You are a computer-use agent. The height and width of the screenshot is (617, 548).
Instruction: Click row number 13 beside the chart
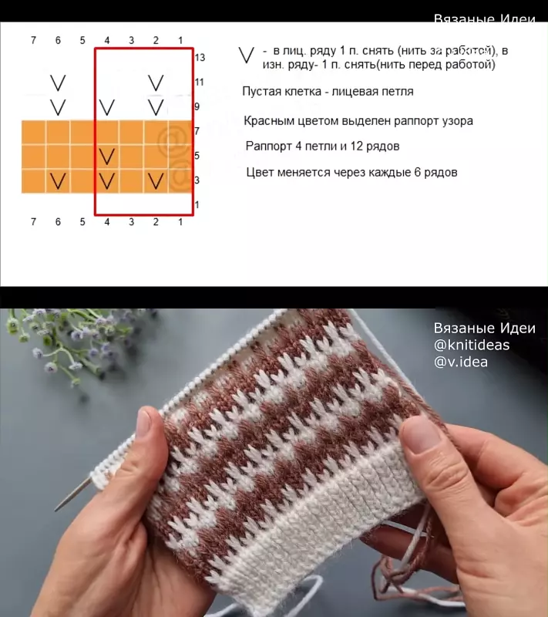200,57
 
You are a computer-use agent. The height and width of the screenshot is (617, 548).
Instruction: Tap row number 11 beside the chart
200,82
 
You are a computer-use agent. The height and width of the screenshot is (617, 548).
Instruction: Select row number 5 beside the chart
197,156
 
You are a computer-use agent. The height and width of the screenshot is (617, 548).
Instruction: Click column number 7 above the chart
33,40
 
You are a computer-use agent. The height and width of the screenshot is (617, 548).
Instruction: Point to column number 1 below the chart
180,222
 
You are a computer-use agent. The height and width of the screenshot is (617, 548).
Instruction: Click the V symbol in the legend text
247,56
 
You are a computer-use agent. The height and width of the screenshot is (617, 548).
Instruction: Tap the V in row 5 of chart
107,157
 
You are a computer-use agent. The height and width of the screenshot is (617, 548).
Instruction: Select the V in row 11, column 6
58,83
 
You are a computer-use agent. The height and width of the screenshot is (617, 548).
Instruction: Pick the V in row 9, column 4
107,107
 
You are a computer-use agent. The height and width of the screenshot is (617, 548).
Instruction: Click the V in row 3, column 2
156,181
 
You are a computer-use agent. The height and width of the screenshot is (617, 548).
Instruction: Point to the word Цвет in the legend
260,172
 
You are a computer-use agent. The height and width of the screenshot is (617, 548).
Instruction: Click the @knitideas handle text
472,345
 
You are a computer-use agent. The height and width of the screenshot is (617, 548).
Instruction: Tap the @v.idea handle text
461,362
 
